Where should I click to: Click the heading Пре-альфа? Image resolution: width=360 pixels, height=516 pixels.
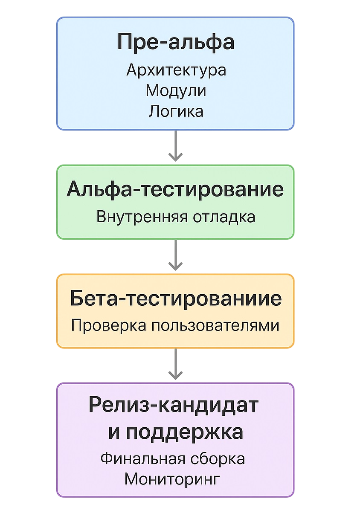click(x=175, y=43)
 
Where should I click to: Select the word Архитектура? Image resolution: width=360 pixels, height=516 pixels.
click(x=176, y=70)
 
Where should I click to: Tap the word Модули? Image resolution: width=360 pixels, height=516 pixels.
click(x=176, y=91)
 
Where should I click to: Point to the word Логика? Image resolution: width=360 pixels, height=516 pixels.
click(x=176, y=111)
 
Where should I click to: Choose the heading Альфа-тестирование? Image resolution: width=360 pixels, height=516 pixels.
click(x=175, y=190)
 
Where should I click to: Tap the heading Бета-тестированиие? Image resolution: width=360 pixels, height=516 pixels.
click(x=175, y=299)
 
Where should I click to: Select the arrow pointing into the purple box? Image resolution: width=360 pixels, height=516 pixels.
click(x=175, y=364)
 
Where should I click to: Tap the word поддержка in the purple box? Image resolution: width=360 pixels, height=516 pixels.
click(x=184, y=432)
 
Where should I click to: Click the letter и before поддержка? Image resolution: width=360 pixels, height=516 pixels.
click(x=113, y=432)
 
